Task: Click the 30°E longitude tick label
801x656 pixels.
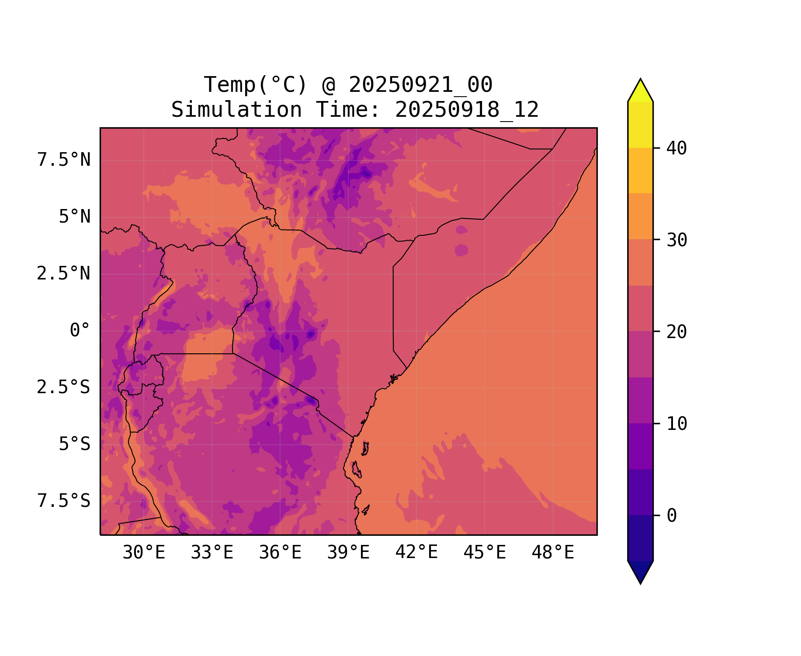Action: (144, 553)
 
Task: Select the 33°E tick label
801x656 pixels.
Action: (212, 553)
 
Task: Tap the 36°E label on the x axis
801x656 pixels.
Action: (280, 553)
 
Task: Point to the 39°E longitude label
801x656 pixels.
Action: (348, 553)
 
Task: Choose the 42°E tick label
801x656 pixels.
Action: (416, 552)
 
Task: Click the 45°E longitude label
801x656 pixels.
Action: (485, 553)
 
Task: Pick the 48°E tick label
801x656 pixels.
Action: (553, 553)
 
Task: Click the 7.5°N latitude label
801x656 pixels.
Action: (64, 160)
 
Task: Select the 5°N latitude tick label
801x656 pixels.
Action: (75, 217)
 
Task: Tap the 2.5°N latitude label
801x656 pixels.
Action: (64, 274)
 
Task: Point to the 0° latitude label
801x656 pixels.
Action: (80, 330)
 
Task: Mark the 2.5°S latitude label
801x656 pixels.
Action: (64, 387)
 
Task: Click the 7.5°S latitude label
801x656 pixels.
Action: (64, 501)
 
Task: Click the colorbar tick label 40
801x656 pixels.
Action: (677, 148)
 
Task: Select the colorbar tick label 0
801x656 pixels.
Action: (672, 516)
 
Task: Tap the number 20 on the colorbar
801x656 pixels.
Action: (677, 332)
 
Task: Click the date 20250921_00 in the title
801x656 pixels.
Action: (420, 85)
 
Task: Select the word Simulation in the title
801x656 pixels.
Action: (236, 110)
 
